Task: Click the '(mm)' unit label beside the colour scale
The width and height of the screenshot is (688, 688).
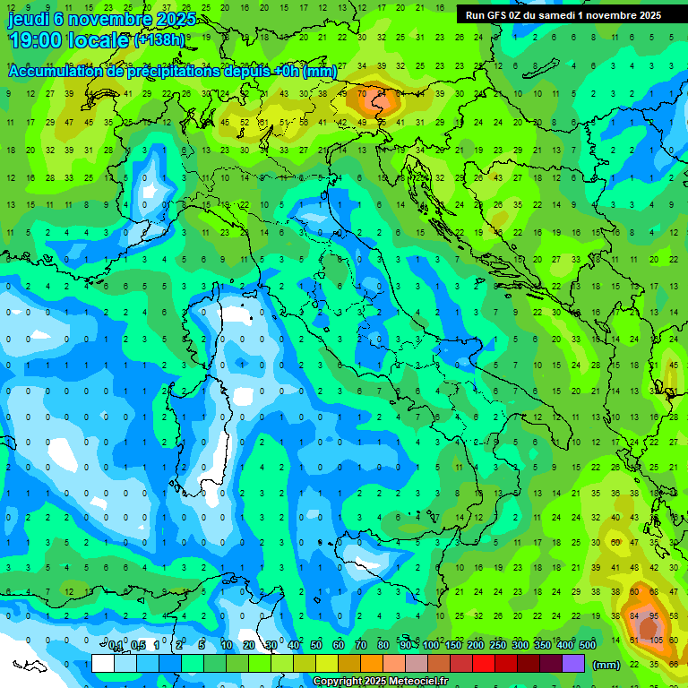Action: [606, 665]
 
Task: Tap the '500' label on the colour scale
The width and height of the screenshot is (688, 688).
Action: [587, 646]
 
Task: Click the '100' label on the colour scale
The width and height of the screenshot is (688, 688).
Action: [431, 646]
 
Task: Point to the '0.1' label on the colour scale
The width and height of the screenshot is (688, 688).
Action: [116, 646]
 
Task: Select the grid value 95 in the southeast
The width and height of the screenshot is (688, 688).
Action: [655, 616]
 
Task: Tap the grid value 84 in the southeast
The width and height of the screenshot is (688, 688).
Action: [635, 616]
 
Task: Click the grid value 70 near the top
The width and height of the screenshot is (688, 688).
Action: [362, 92]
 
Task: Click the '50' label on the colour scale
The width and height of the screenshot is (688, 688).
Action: [316, 646]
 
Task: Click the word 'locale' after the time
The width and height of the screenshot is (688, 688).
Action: [99, 40]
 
